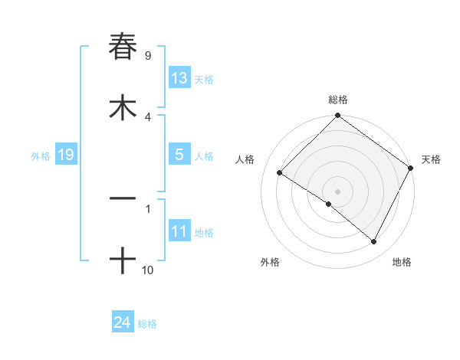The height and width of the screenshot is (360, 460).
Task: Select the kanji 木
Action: coord(123,107)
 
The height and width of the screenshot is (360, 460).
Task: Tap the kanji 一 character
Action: coord(123,198)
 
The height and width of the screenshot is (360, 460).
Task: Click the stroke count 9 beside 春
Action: coord(147,55)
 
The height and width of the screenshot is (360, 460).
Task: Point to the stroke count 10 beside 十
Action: coord(147,270)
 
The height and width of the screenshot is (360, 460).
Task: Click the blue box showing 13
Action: coord(179,77)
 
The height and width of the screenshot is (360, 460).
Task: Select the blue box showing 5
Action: coord(179,154)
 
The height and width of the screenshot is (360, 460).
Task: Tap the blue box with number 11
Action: coord(179,231)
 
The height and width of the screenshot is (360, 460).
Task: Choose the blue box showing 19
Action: coord(65,155)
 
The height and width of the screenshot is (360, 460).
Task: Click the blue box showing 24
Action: coord(122,322)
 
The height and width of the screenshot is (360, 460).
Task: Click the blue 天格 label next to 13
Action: coord(204,80)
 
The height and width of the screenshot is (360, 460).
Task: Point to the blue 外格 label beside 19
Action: coord(41,156)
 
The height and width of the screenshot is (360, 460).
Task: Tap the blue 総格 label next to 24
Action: coord(147,325)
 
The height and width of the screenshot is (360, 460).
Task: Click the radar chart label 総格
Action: coord(338,100)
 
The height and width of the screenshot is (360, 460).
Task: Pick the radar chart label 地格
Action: coord(402,262)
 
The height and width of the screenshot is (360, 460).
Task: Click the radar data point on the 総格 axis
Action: coord(338,116)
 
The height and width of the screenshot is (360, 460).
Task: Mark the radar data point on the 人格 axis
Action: coord(280,172)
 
